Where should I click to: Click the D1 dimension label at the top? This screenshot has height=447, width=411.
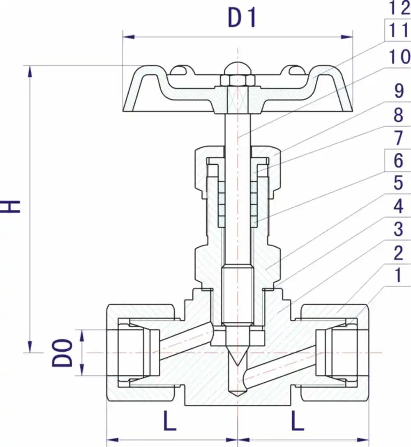click(242, 18)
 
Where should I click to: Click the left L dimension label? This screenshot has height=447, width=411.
click(169, 420)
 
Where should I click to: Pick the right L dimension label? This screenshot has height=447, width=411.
click(298, 420)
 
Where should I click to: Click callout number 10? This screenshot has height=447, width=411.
click(399, 57)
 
